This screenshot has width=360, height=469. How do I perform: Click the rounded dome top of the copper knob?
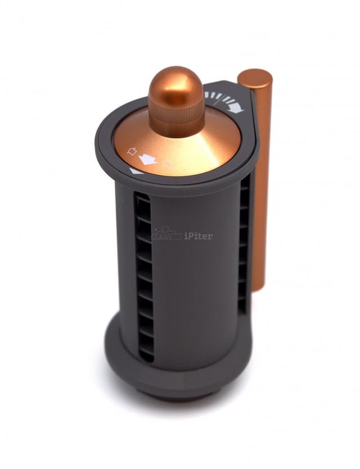pyautogui.click(x=175, y=82)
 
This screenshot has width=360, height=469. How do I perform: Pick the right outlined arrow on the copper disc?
pyautogui.click(x=168, y=164)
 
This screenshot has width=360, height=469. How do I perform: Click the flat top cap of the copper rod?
pyautogui.click(x=255, y=77)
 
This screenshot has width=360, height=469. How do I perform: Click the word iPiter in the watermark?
pyautogui.click(x=198, y=235)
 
